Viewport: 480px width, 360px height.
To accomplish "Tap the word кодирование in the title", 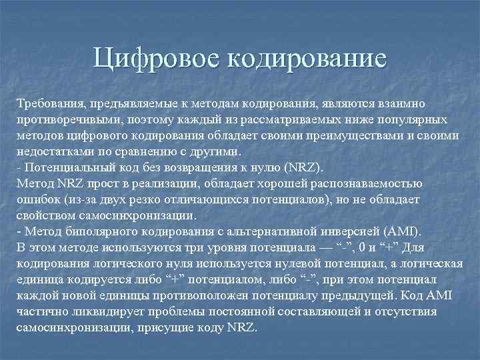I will coord(307,58).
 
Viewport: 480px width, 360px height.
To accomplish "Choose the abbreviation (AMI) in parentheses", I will coord(401,231).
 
